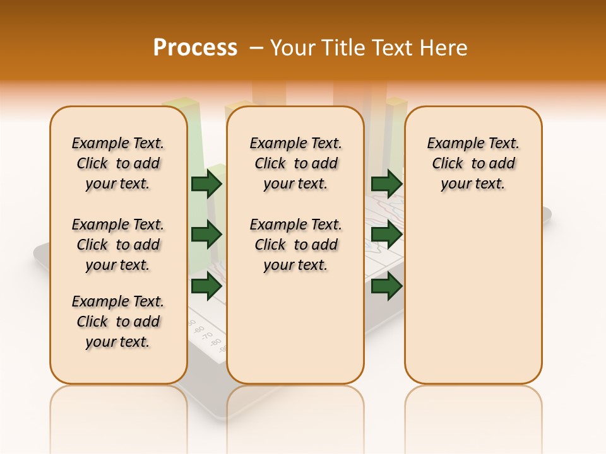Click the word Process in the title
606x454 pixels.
coord(195,48)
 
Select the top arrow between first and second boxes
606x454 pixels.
coord(206,183)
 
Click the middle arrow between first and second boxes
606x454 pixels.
coord(206,235)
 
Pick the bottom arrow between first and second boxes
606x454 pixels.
coord(206,286)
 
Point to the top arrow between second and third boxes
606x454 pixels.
coord(386,183)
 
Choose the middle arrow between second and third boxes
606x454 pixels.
coord(386,235)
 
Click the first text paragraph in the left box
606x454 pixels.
coord(118,163)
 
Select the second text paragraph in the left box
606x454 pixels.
coord(118,245)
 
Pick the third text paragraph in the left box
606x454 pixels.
coord(118,322)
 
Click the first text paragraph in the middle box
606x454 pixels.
coord(295,163)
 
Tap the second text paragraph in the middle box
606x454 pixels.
coord(295,245)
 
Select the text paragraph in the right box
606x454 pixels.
coord(473,163)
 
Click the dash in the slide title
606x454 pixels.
coord(256,48)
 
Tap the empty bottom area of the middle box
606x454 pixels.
coord(295,334)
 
